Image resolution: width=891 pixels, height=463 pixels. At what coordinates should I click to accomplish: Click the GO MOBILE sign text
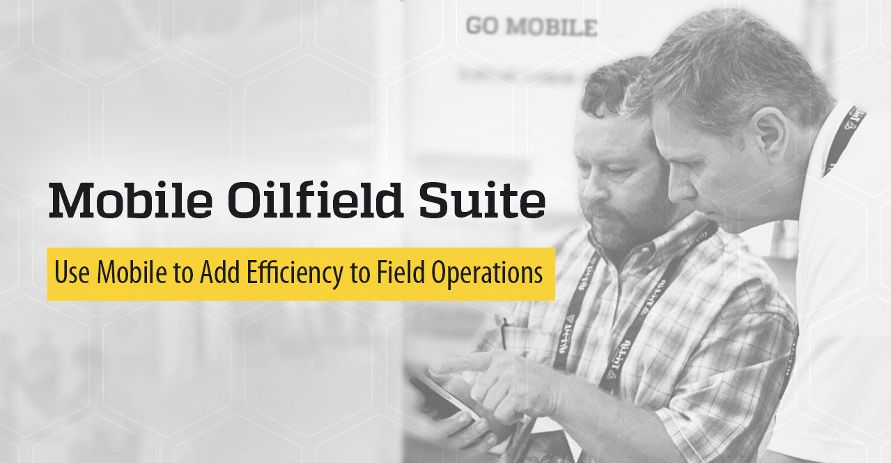tap(531, 27)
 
